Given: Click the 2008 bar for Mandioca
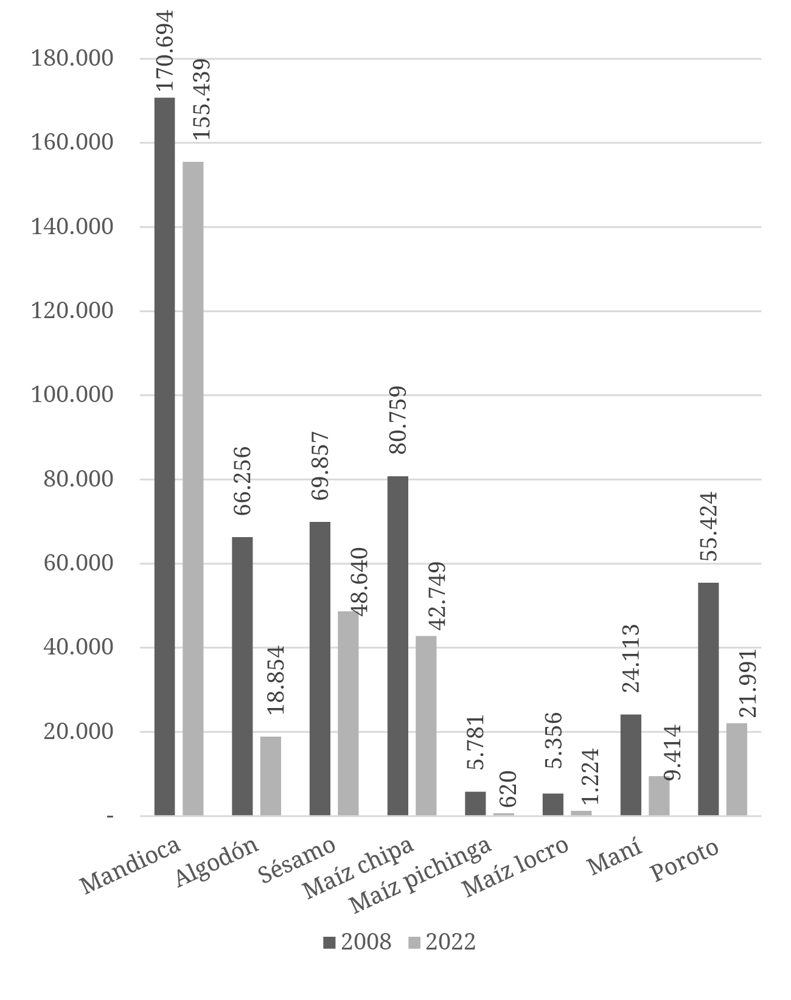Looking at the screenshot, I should (x=164, y=456).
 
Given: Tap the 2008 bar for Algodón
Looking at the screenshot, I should (x=242, y=676).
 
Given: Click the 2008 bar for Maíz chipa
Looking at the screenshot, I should (x=398, y=645).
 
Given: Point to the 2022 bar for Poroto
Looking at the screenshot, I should (x=737, y=769).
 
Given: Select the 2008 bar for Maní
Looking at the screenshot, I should (x=630, y=765).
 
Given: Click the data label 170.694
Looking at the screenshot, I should (x=164, y=50).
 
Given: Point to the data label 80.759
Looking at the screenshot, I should (x=398, y=420).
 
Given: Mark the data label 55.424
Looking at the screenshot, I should (x=709, y=526).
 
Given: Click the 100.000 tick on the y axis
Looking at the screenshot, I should (x=72, y=395).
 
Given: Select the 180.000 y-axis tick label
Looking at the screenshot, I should (x=72, y=58).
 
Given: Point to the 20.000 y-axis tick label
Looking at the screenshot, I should (x=78, y=731).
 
